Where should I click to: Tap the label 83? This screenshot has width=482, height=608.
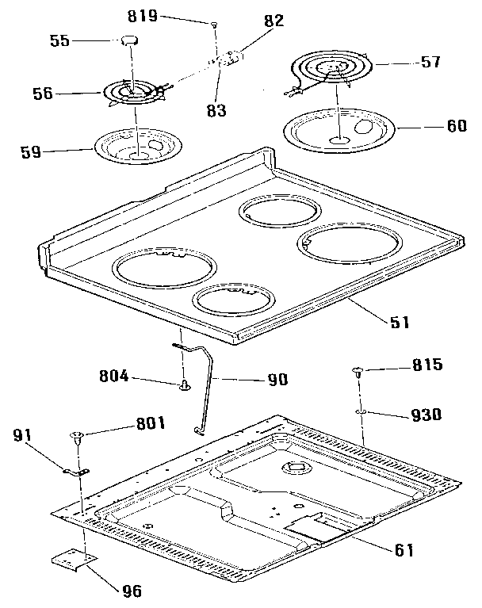click(x=216, y=111)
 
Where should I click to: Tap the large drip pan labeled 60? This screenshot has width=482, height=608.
click(x=341, y=128)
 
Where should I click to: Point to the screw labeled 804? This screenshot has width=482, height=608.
click(x=186, y=385)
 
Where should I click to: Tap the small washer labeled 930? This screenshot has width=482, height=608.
click(x=360, y=412)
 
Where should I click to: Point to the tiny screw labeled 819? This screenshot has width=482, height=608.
click(x=214, y=26)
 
